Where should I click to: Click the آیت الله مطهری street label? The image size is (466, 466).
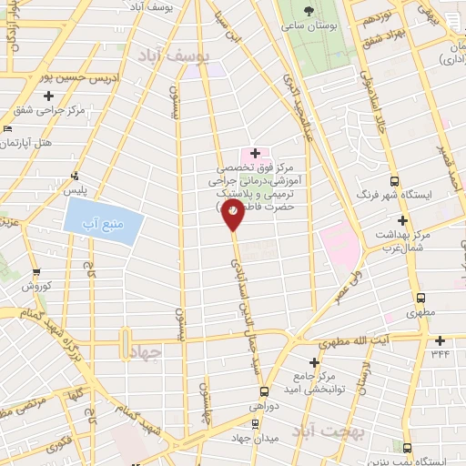[x=382, y=339]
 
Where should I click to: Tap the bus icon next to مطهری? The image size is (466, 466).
[x=421, y=298]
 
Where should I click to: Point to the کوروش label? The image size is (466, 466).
[x=37, y=286]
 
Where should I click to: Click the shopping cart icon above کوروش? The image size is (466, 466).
[x=36, y=271]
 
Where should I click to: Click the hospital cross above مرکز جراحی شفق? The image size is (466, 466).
[x=49, y=95]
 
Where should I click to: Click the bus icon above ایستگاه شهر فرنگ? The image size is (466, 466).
[x=393, y=179]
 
